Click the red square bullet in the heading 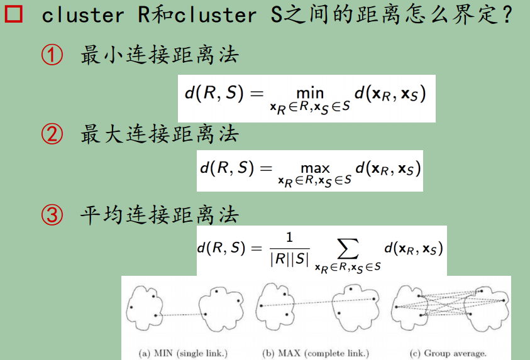[14, 15]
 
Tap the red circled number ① [52, 56]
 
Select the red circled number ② [52, 134]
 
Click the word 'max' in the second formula [315, 168]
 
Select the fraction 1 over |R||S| [289, 249]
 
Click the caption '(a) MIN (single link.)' [182, 353]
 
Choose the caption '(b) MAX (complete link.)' [315, 353]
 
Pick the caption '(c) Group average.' [448, 353]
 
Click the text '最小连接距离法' [160, 56]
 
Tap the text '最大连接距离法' [160, 134]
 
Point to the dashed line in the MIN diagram [189, 314]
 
